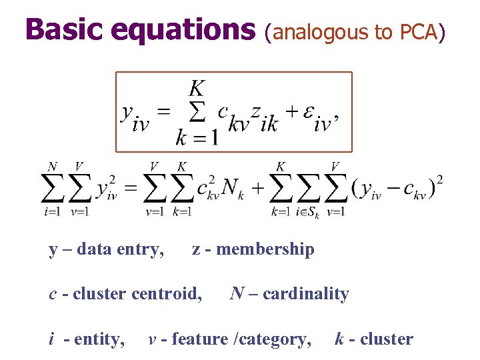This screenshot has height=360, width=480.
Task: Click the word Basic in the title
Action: pos(63,29)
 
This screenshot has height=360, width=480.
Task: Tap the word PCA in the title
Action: pos(419,31)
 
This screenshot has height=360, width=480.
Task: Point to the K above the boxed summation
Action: pos(197,87)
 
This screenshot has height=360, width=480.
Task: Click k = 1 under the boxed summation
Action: pos(197,138)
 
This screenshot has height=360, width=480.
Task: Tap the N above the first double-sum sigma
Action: pos(51,166)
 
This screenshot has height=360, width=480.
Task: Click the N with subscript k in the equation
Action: pos(231,189)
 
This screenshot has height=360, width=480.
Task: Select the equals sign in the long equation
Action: pos(131,189)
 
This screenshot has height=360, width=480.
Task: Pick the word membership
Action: pos(265,249)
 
